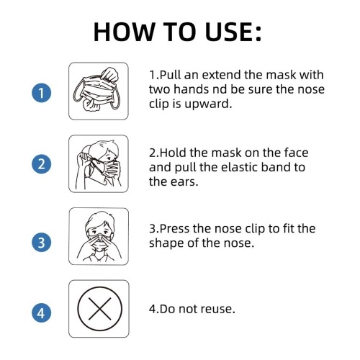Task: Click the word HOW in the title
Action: [124, 32]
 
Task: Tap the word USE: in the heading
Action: [233, 32]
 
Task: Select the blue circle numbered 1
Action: [41, 93]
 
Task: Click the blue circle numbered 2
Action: [41, 164]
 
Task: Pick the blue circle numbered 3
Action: [41, 242]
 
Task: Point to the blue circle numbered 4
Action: [41, 312]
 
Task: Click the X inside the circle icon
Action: [99, 309]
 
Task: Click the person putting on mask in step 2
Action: [99, 164]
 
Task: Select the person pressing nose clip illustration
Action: [99, 236]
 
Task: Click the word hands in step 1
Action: [192, 89]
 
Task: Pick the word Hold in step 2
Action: [173, 153]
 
